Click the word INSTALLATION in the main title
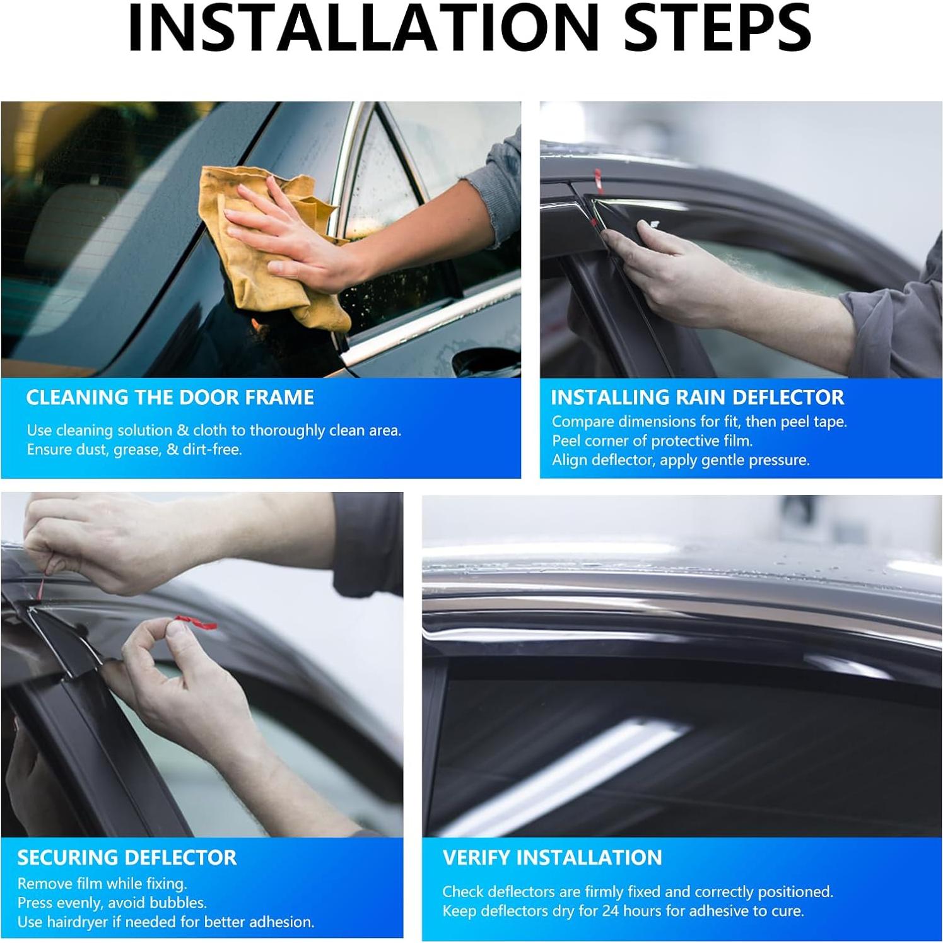coord(363,28)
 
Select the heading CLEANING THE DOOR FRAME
coord(170,397)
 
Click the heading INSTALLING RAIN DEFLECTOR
coord(697,397)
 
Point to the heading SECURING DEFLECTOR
coord(127,858)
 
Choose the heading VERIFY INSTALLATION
coord(552,858)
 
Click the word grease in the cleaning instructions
coord(136,450)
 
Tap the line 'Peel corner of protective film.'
coord(652,440)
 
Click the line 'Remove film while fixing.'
coord(102,884)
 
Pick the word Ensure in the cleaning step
coord(48,450)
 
